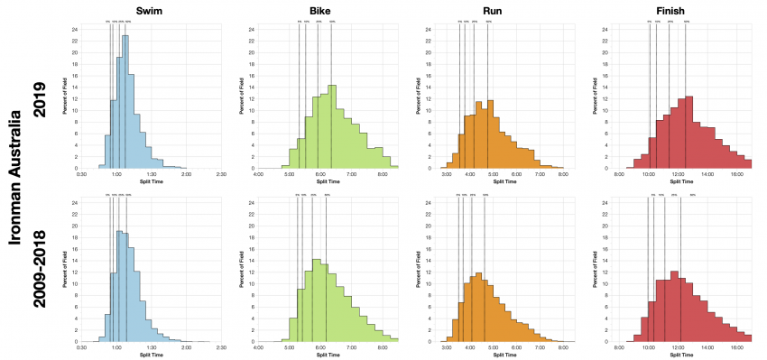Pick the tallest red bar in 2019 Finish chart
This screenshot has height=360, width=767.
[688, 132]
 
